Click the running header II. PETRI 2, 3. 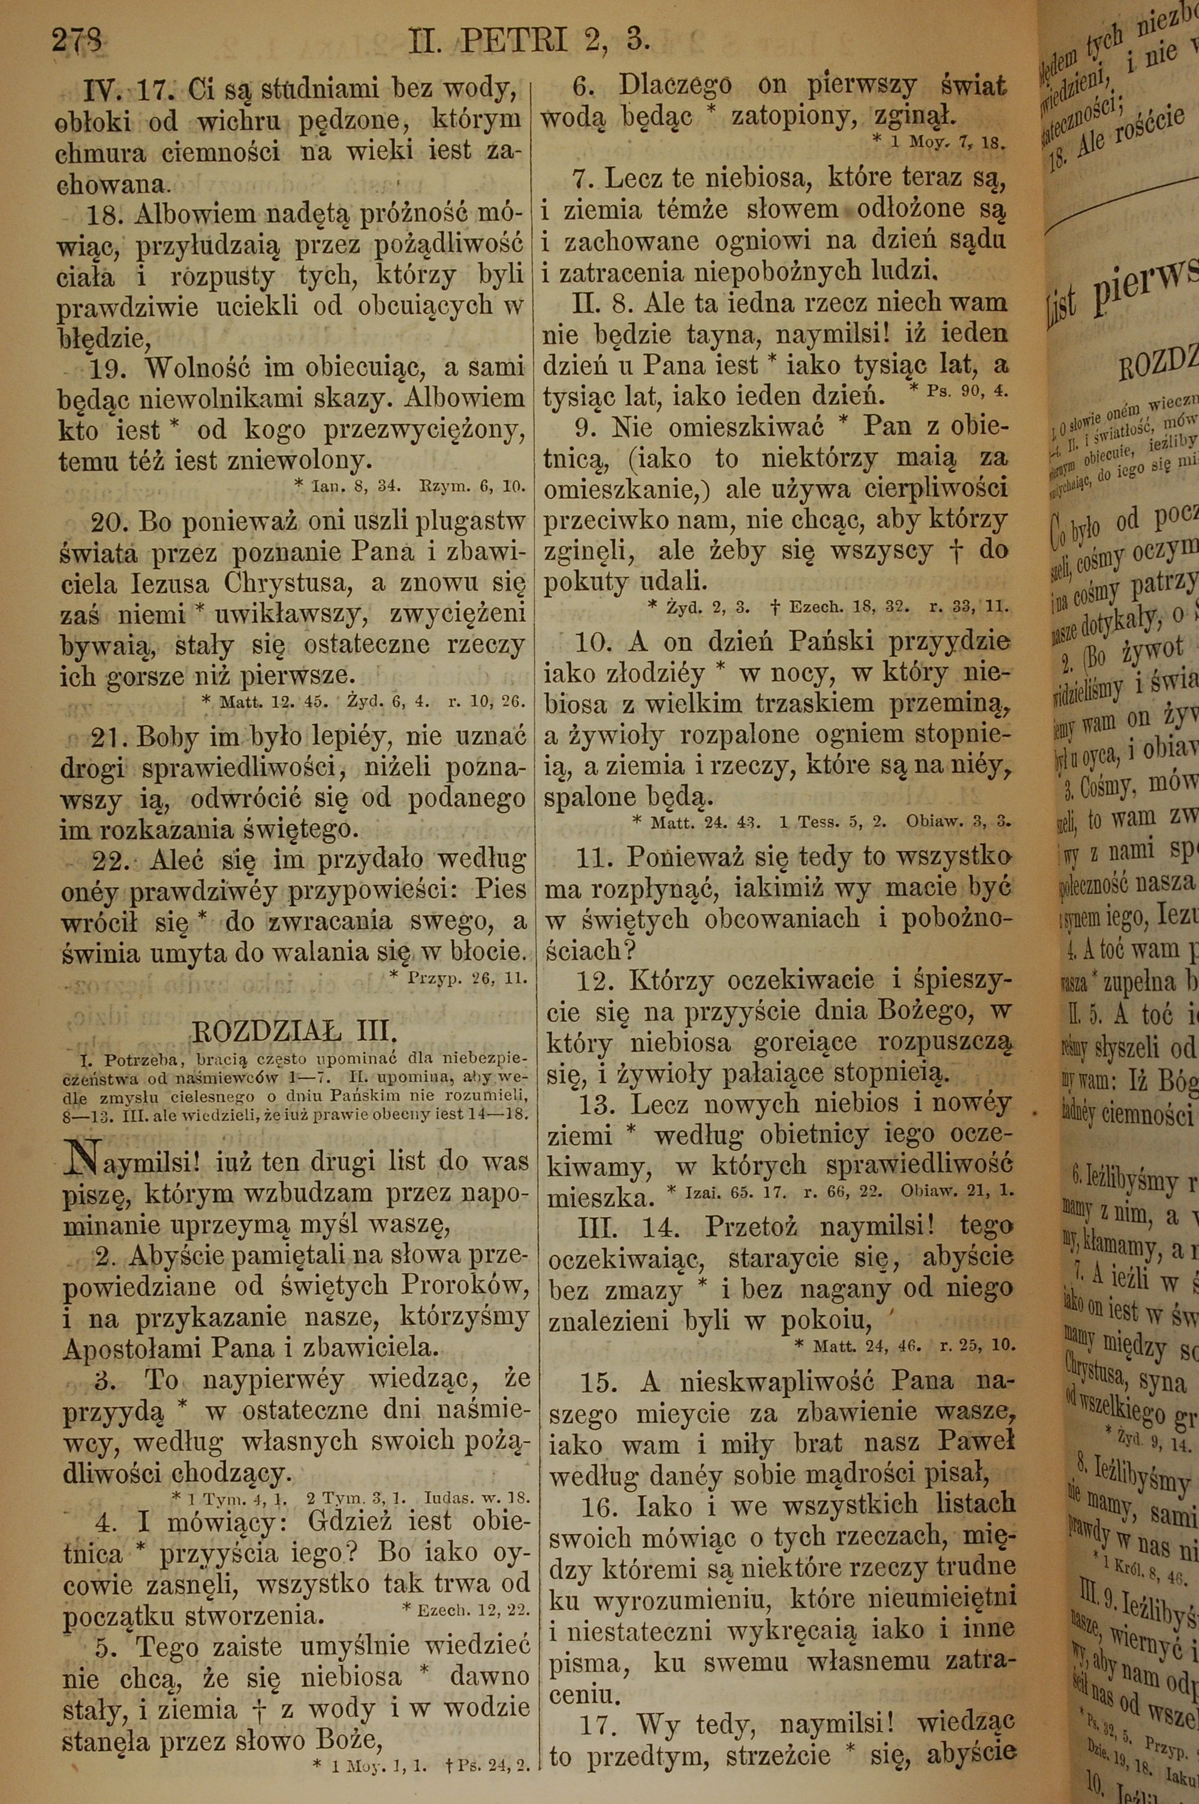point(529,40)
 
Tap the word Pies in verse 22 point(499,889)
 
